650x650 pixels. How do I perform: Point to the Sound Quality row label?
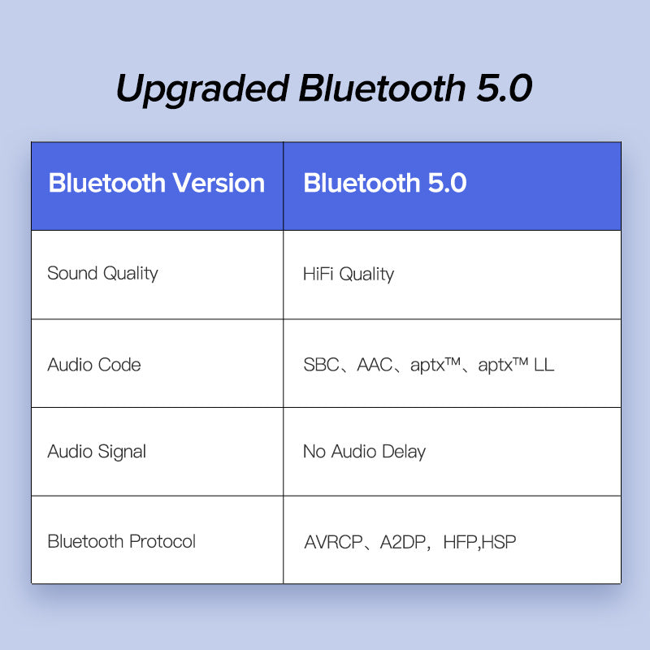[x=102, y=273]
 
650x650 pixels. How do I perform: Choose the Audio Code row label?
[x=94, y=365]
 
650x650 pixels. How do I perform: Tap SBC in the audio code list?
[x=321, y=365]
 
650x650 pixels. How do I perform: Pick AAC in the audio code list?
[x=375, y=365]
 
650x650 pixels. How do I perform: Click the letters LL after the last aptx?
[x=544, y=365]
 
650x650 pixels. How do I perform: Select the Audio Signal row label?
[x=97, y=452]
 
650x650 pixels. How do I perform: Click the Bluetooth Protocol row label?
[x=122, y=541]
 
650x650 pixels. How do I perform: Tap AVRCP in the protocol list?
[x=333, y=542]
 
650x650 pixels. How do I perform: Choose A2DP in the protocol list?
[x=403, y=542]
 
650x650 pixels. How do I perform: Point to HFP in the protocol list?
[x=461, y=542]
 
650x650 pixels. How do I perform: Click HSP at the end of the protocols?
[x=499, y=542]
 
